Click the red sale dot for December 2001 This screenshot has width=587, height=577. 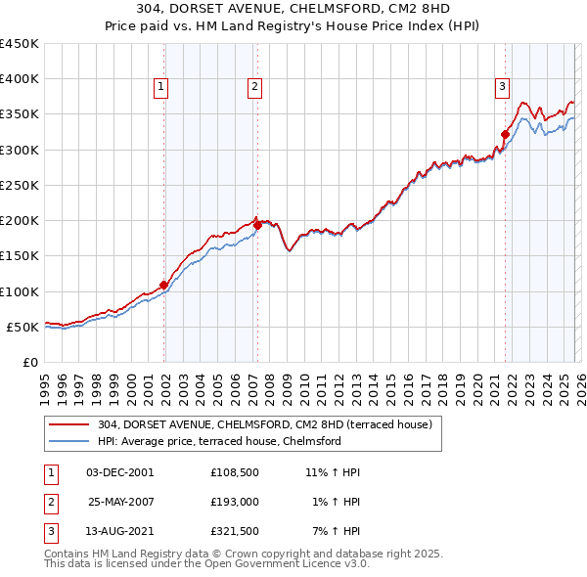click(x=163, y=285)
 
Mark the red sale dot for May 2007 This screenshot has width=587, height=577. click(x=257, y=225)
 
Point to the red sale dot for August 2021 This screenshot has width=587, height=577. click(x=505, y=134)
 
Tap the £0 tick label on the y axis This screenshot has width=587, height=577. click(x=28, y=362)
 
